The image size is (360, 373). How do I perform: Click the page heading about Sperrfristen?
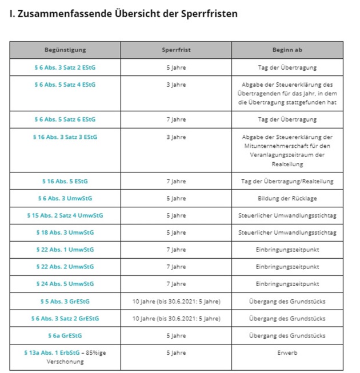123,14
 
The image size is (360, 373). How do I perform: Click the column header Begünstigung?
65,50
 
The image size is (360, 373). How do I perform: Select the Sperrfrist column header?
176,50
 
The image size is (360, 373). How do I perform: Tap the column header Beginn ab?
287,50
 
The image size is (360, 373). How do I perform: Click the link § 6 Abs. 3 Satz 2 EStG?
65,67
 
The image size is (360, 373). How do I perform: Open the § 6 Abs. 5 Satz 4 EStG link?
65,85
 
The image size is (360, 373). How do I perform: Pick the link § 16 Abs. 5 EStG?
65,181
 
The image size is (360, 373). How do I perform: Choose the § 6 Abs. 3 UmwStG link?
65,198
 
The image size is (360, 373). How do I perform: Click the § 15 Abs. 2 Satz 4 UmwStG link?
65,215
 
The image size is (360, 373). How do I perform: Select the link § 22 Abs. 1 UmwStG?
65,250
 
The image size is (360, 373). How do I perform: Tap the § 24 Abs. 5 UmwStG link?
65,284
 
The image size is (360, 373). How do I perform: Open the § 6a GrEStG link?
65,335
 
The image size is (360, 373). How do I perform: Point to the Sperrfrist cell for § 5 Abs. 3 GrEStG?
176,301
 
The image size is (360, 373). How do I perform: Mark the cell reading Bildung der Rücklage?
287,198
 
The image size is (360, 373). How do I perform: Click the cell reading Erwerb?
287,352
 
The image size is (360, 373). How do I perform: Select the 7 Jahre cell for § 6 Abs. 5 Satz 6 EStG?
176,119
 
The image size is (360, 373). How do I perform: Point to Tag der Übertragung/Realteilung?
287,181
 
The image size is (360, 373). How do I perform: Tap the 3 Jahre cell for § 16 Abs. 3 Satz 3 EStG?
176,137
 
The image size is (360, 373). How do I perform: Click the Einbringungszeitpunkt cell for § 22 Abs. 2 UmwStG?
287,267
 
